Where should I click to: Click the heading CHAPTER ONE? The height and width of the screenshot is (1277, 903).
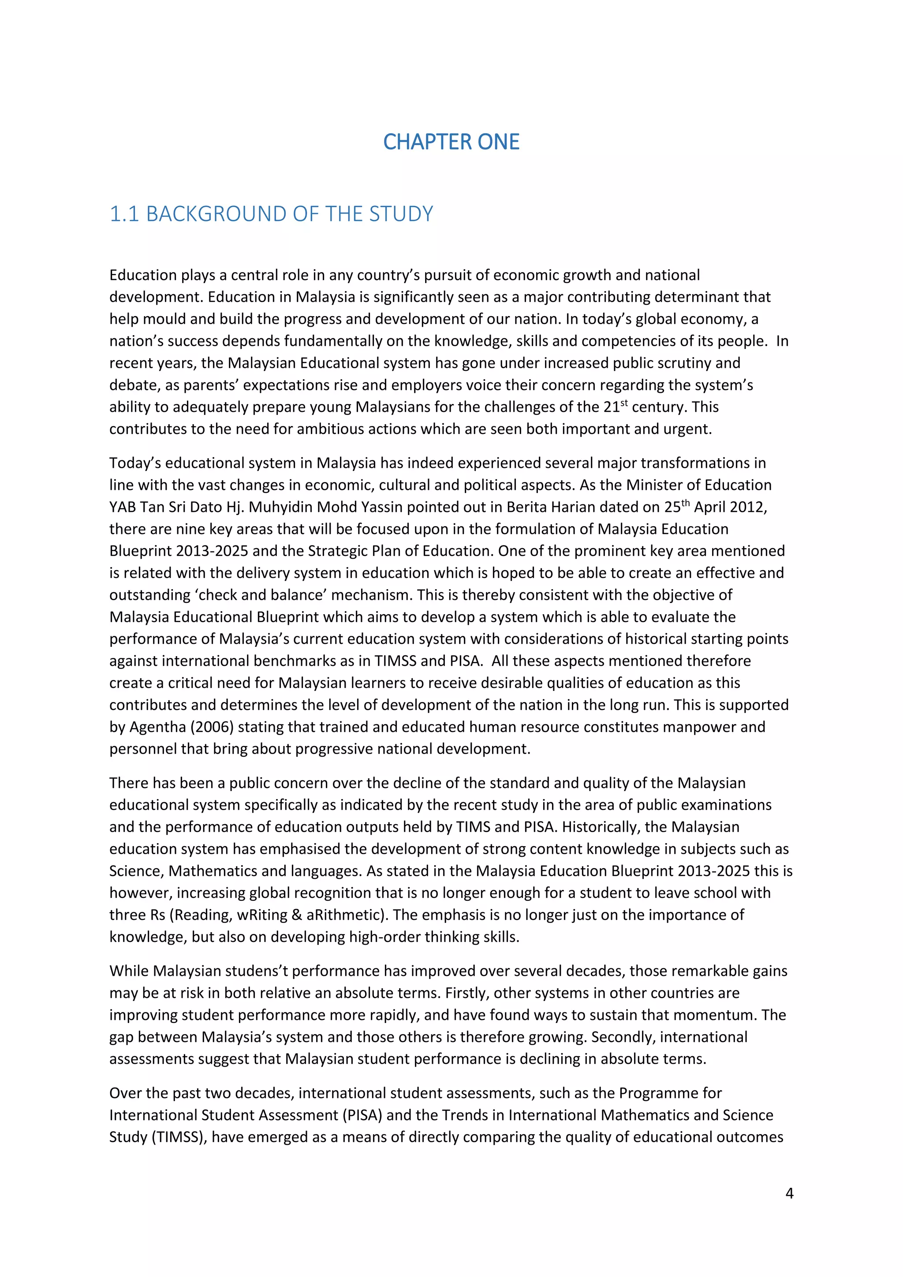tap(451, 142)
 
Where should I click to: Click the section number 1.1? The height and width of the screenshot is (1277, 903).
tap(123, 214)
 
